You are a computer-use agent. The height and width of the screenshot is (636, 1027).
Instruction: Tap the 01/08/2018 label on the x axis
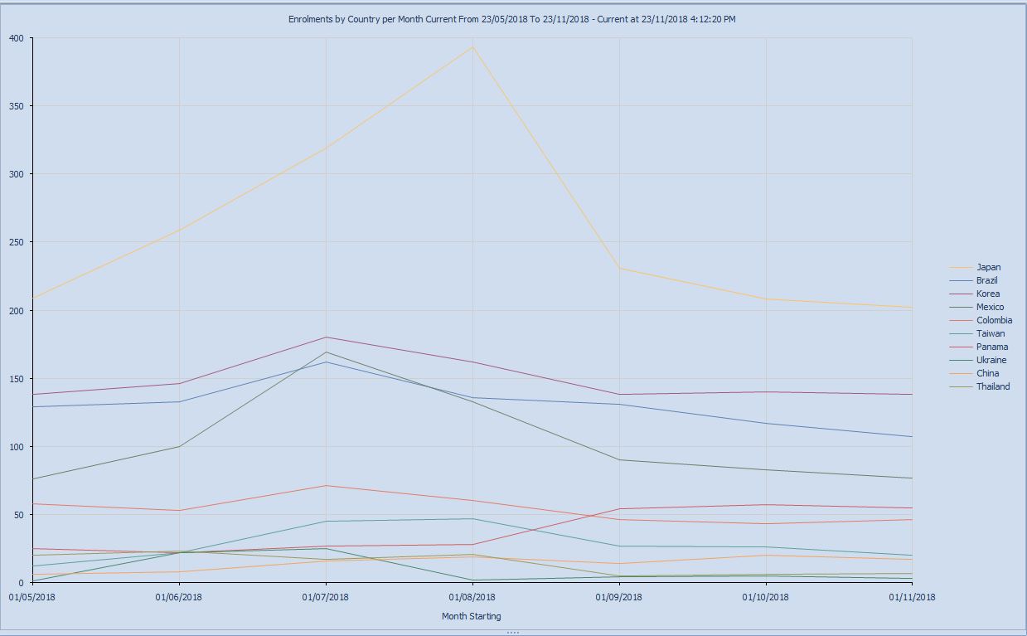(472, 596)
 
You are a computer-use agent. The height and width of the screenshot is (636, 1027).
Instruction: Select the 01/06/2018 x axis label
(179, 596)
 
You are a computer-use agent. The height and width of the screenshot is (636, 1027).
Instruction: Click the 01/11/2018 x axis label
(912, 596)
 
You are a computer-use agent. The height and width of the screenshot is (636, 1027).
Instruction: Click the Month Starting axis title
(471, 616)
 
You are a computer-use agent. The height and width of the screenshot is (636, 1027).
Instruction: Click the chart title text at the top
(511, 18)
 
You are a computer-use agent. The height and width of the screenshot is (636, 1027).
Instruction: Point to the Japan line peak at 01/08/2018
(472, 47)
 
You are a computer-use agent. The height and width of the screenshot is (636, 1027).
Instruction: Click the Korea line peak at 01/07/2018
(326, 337)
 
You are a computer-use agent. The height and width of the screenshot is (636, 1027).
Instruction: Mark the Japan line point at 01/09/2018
(619, 268)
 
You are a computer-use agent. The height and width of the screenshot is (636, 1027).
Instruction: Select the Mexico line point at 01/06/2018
(179, 447)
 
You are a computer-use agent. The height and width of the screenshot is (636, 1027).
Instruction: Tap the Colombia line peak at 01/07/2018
(326, 486)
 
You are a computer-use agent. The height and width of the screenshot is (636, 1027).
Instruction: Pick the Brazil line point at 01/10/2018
(766, 424)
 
